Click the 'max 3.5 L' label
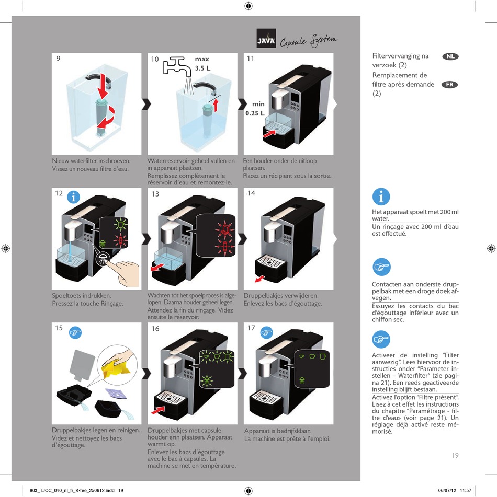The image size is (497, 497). pos(202,64)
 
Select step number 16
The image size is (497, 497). pos(155,329)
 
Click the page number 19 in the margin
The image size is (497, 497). pos(455,455)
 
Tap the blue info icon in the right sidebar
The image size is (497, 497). pos(381,197)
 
